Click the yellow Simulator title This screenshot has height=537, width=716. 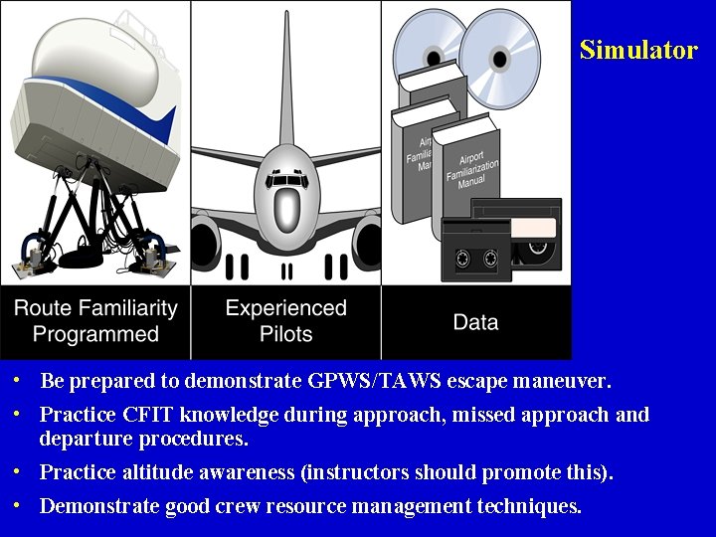(638, 51)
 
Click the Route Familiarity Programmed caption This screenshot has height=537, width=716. (95, 321)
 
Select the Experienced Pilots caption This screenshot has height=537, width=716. (285, 321)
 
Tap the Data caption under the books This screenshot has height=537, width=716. (475, 322)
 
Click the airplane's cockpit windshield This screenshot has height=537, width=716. (286, 180)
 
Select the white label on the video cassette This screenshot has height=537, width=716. (533, 229)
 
